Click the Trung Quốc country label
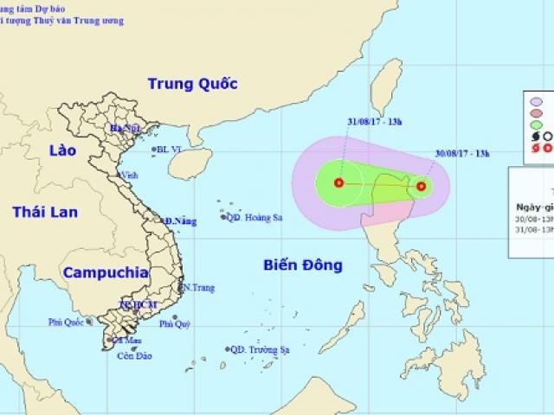pyautogui.click(x=187, y=84)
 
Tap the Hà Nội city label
pyautogui.click(x=124, y=129)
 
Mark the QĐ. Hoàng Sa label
pyautogui.click(x=259, y=218)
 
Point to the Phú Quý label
pyautogui.click(x=174, y=324)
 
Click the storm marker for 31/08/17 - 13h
pyautogui.click(x=338, y=182)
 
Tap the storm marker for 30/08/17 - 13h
pyautogui.click(x=421, y=185)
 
